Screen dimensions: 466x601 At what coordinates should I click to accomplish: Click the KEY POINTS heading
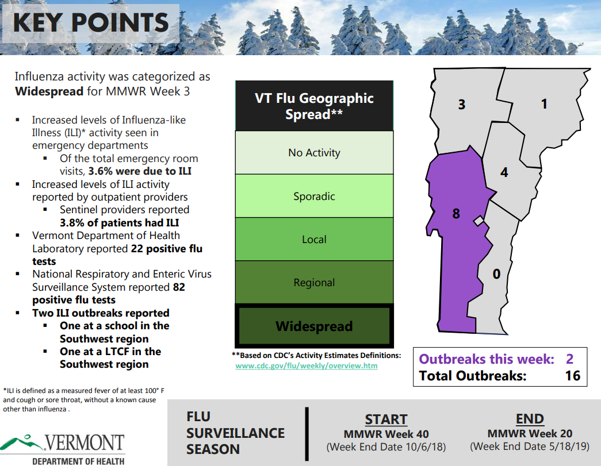(x=90, y=23)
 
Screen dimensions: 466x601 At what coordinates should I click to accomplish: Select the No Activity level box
(x=314, y=153)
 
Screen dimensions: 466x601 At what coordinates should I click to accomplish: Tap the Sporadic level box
(x=314, y=197)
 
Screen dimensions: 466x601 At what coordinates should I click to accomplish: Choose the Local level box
(x=314, y=240)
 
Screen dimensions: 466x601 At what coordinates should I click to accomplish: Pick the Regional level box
(x=314, y=283)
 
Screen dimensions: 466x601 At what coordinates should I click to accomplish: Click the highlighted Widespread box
(x=314, y=326)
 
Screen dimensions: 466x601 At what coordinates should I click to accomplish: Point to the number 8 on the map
(x=456, y=214)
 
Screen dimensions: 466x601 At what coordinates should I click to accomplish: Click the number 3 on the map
(x=461, y=105)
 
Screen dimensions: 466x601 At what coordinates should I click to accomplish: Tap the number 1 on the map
(x=544, y=104)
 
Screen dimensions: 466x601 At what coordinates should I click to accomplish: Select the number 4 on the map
(x=504, y=172)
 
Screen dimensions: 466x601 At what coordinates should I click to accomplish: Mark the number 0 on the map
(x=497, y=275)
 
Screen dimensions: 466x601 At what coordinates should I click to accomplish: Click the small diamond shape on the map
(x=478, y=221)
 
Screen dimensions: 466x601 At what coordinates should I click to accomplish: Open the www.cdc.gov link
(x=307, y=365)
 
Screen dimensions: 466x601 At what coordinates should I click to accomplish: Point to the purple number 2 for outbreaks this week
(x=569, y=359)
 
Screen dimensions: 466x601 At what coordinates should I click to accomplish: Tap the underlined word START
(x=386, y=419)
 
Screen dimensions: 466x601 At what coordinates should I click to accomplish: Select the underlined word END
(x=530, y=419)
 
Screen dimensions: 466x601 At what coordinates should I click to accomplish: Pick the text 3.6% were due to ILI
(x=140, y=171)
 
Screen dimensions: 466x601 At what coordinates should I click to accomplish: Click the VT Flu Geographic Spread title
(x=314, y=106)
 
